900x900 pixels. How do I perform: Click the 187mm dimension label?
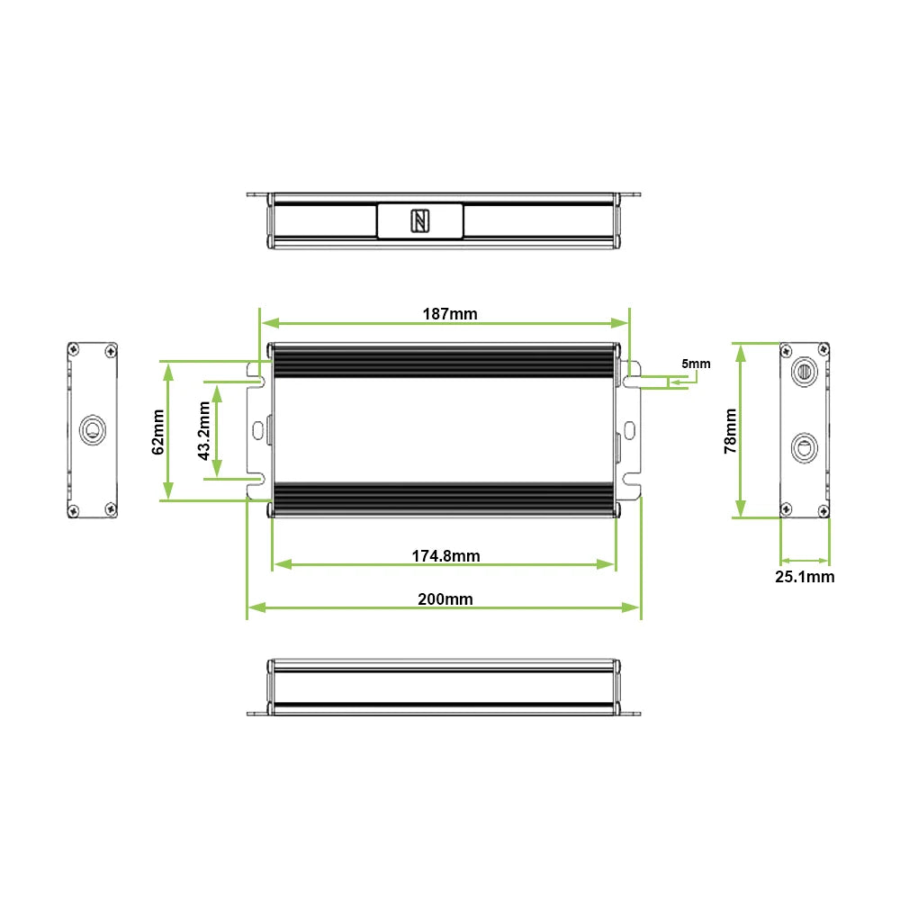pos(450,314)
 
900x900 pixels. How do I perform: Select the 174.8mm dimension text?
pos(445,556)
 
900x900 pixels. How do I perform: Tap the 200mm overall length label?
pos(445,599)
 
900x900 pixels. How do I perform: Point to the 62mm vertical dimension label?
pos(158,432)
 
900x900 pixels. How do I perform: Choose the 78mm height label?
pos(730,431)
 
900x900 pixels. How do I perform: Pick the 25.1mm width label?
pos(805,577)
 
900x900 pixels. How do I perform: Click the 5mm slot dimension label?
pos(696,364)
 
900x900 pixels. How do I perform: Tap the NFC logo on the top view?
pos(420,220)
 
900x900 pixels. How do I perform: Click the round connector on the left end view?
pos(92,430)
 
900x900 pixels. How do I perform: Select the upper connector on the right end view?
pos(804,371)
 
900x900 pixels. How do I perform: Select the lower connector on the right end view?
pos(804,446)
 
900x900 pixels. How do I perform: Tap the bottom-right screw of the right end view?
pos(821,510)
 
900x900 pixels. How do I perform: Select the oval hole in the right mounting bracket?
pos(631,429)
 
